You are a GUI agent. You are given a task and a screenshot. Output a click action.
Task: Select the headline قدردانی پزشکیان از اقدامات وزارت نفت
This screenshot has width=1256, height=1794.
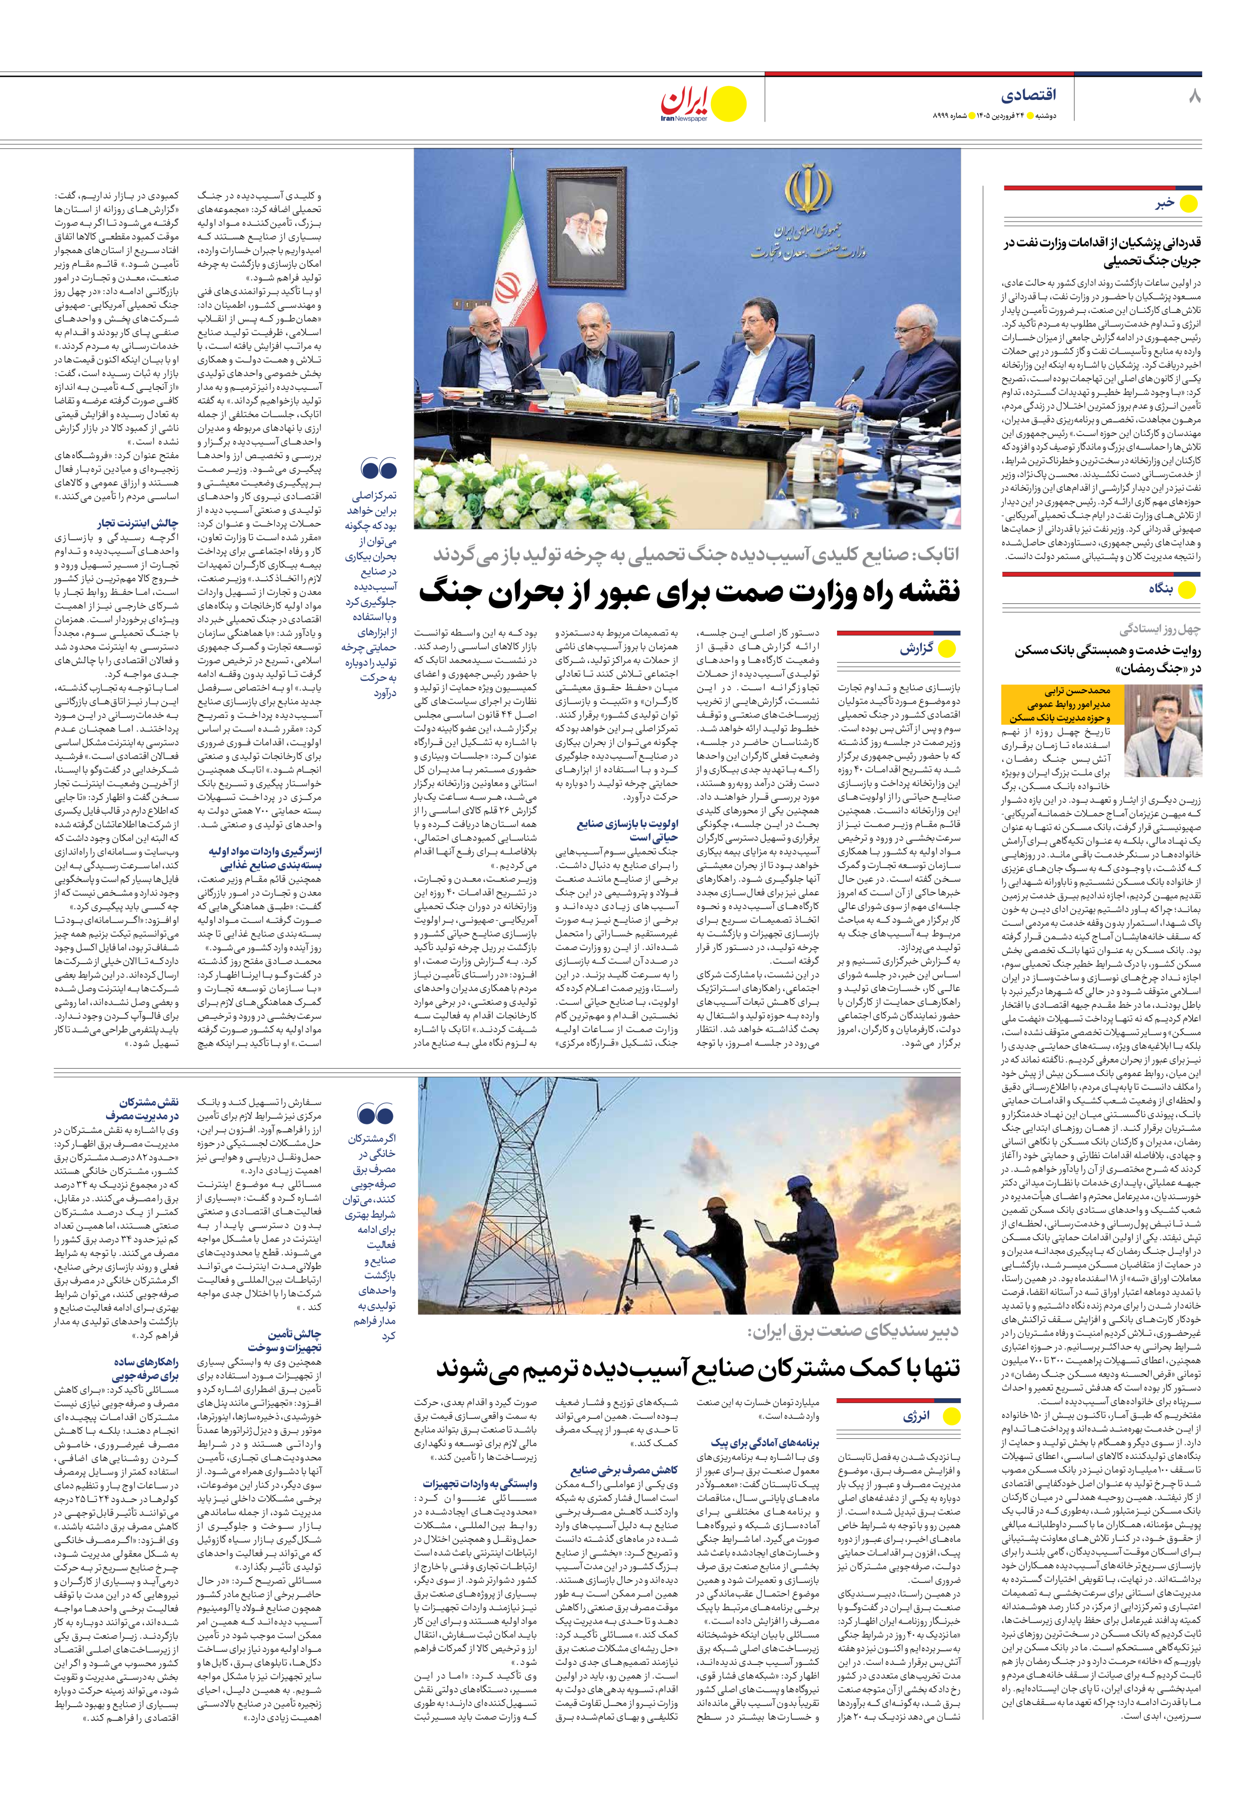1102,252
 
